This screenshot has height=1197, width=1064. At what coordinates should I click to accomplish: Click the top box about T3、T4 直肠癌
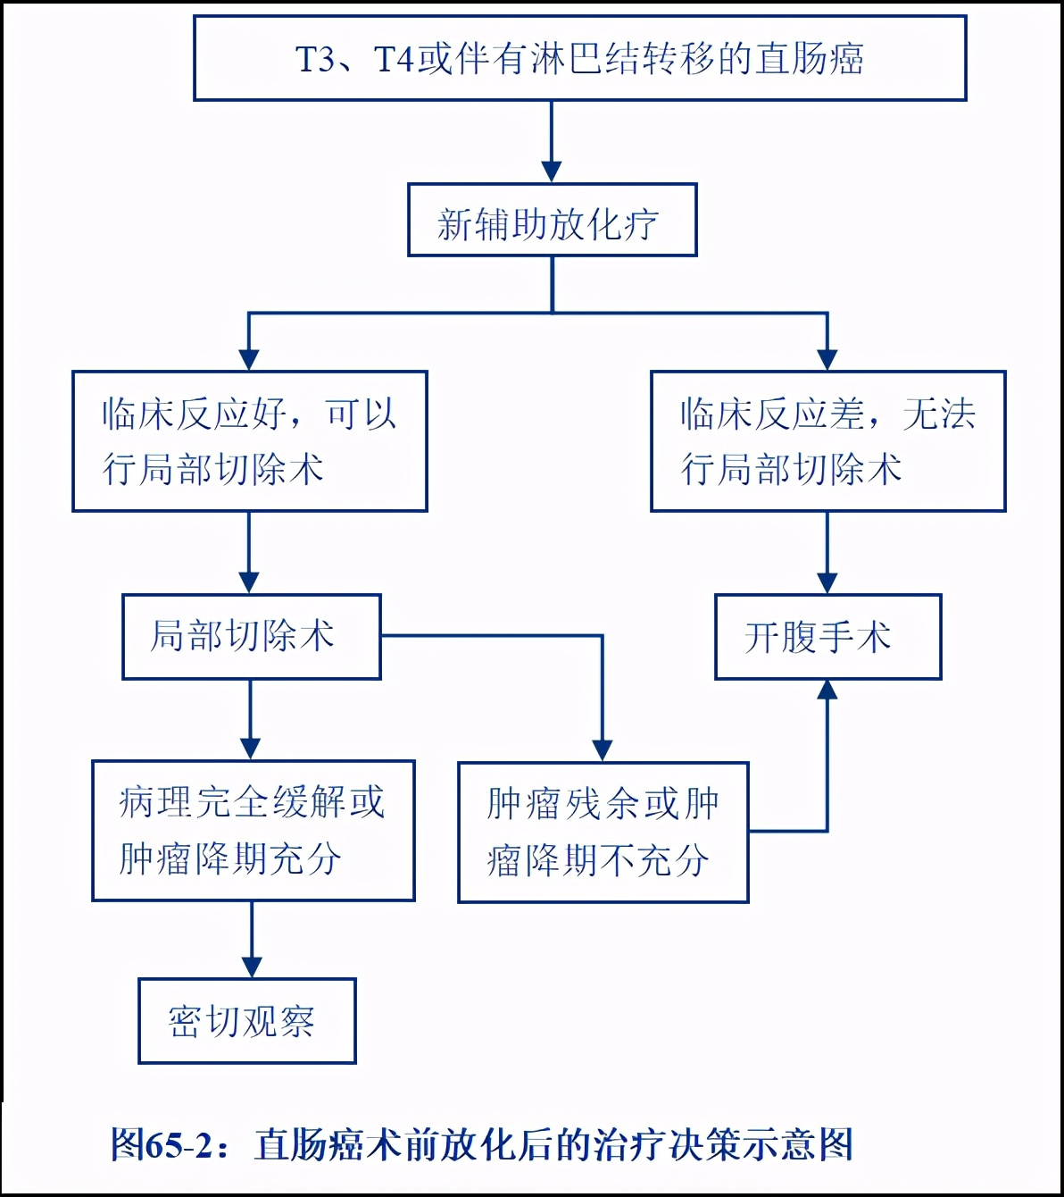(580, 58)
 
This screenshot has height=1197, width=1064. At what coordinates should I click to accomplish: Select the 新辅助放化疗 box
(552, 221)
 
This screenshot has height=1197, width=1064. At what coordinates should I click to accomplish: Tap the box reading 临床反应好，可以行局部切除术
(250, 441)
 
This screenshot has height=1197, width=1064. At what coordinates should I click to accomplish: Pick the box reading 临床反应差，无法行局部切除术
(827, 441)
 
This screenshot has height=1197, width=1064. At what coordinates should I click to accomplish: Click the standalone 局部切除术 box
(251, 637)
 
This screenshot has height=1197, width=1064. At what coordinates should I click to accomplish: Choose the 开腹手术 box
(827, 637)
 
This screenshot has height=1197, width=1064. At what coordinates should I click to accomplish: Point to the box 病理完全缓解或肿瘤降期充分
(253, 831)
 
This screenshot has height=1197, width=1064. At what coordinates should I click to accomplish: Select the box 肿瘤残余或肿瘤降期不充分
(603, 833)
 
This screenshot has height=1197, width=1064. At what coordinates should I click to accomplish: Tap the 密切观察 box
(246, 1021)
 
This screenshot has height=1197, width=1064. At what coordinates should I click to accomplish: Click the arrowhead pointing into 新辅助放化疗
(552, 172)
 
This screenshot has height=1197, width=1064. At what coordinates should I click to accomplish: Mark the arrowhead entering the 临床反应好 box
(249, 358)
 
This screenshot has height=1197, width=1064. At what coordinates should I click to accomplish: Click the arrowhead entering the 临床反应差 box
(827, 358)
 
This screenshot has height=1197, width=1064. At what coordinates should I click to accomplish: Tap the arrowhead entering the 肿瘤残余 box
(603, 749)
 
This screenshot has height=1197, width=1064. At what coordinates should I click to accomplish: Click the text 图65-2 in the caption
(162, 1144)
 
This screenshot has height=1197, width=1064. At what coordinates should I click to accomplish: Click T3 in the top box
(314, 60)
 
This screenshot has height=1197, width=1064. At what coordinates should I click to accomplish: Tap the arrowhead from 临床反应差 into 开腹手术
(827, 582)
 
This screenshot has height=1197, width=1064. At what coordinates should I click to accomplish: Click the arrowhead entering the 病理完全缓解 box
(251, 748)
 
